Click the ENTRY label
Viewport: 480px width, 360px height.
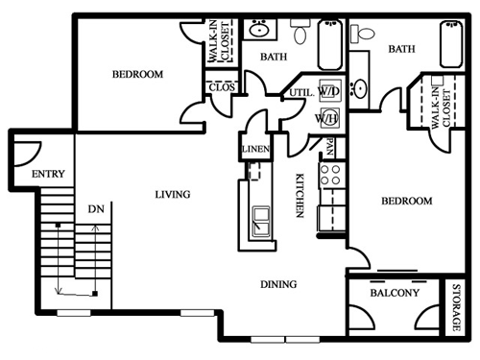[x=48, y=174]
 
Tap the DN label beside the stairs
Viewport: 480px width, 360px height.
[x=96, y=209]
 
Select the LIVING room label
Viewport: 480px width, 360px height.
[x=173, y=194]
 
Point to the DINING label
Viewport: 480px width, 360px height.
[x=278, y=284]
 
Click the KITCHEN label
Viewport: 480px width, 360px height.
[x=300, y=196]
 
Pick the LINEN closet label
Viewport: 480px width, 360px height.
[x=255, y=149]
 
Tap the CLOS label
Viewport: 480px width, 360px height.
[x=222, y=87]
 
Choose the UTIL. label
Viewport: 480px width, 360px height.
[x=301, y=93]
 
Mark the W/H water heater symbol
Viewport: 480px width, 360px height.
[x=328, y=118]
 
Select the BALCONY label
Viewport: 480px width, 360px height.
[x=395, y=293]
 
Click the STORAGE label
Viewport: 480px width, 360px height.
[x=456, y=307]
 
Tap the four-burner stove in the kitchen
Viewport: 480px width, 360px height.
[x=330, y=175]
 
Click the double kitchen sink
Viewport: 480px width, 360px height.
[x=261, y=222]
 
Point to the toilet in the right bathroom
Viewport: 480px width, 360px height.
[x=362, y=34]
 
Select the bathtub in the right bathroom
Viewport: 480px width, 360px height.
[x=451, y=44]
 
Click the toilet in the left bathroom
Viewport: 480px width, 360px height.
[x=300, y=31]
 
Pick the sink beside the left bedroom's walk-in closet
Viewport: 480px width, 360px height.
[x=259, y=30]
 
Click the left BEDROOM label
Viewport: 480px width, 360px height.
[x=137, y=74]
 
